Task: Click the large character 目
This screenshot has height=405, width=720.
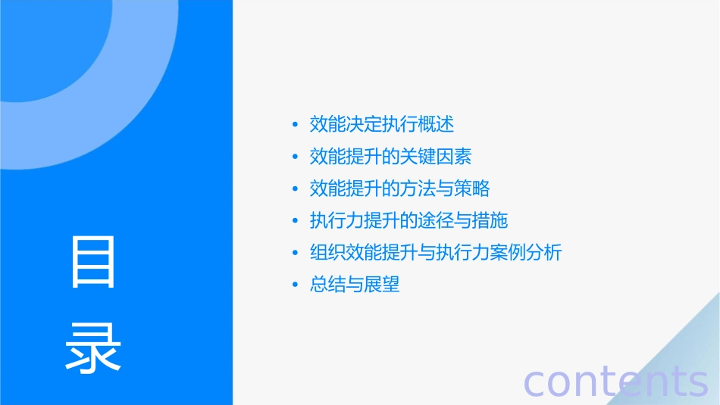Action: pyautogui.click(x=93, y=262)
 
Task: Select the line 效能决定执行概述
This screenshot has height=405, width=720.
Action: pyautogui.click(x=382, y=123)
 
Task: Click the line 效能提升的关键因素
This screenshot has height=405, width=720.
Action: pyautogui.click(x=391, y=156)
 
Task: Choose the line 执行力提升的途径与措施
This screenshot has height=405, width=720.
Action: pyautogui.click(x=409, y=220)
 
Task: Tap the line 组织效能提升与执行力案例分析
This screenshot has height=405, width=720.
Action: pyautogui.click(x=436, y=252)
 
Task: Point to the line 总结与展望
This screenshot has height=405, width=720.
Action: pyautogui.click(x=355, y=285)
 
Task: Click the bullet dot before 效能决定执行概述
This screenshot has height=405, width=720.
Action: pyautogui.click(x=295, y=124)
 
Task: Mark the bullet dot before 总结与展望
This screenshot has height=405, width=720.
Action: pyautogui.click(x=295, y=285)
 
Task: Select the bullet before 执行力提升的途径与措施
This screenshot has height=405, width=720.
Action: pyautogui.click(x=295, y=221)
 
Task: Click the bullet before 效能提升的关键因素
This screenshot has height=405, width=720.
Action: pyautogui.click(x=295, y=157)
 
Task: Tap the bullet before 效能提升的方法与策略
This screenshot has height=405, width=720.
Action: pyautogui.click(x=295, y=189)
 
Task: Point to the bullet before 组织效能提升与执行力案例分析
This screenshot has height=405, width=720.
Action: pyautogui.click(x=295, y=253)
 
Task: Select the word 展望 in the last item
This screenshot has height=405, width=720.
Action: pyautogui.click(x=382, y=285)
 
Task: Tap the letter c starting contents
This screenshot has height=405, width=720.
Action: pyautogui.click(x=534, y=383)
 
